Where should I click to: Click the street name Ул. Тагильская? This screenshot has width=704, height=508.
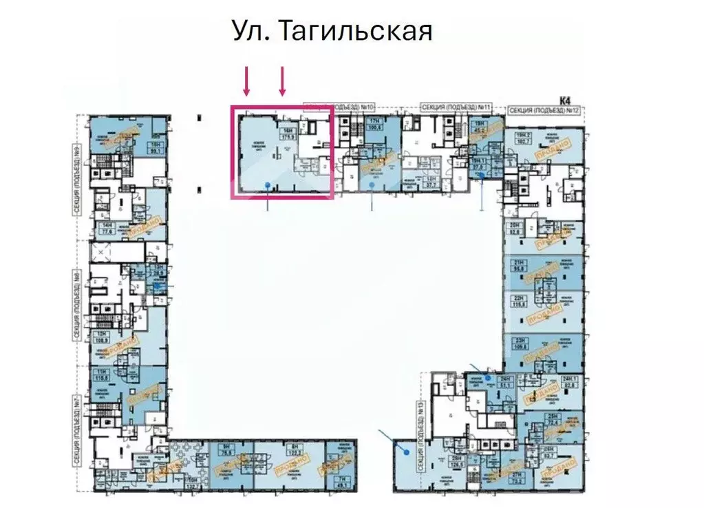click(331, 32)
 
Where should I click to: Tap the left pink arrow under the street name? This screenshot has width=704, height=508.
click(246, 82)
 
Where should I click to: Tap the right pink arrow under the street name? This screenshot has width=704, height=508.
click(281, 82)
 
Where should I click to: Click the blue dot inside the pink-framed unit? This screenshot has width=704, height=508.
click(267, 184)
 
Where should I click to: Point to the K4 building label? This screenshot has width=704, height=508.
click(566, 100)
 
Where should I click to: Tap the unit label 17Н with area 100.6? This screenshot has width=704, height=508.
click(375, 125)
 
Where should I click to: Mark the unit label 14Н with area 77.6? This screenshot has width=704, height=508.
click(107, 229)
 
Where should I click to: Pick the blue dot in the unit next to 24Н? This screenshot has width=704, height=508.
click(488, 379)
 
